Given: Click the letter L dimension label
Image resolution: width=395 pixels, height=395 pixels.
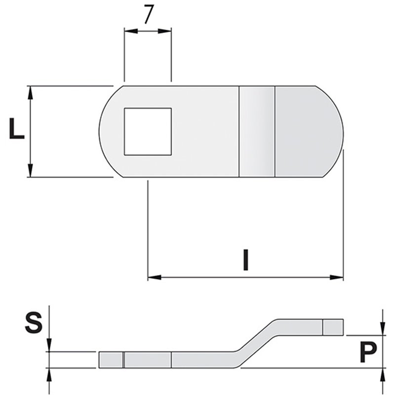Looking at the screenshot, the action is coord(17,128).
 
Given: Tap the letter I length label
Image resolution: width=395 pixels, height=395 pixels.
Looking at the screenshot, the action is coord(245,260).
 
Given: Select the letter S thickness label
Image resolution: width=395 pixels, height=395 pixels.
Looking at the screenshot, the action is coord(34,322).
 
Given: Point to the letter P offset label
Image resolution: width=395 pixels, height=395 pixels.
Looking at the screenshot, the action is coord(368,352).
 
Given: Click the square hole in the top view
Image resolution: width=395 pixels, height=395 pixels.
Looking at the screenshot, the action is coord(148,131).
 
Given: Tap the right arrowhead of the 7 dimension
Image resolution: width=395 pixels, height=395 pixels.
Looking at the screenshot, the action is coord(164,31).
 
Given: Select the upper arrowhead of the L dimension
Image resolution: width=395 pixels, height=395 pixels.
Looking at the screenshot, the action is coord(30,93).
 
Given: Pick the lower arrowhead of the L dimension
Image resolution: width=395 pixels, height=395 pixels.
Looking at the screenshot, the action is coord(30,170).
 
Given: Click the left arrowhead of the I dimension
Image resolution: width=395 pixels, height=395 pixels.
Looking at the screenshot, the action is coord(155,277).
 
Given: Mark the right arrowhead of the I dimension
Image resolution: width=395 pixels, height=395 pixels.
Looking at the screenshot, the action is coord(337,277).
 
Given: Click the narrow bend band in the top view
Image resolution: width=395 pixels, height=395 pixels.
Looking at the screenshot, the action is coord(257,131).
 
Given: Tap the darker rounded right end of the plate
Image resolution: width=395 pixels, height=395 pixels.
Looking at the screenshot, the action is coord(309,131).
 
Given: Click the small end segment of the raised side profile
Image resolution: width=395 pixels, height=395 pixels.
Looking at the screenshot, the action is coord(333,327).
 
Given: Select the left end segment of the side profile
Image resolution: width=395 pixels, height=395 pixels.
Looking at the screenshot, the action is coord(111,360).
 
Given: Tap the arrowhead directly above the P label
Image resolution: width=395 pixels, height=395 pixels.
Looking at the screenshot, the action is coord(383,329).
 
